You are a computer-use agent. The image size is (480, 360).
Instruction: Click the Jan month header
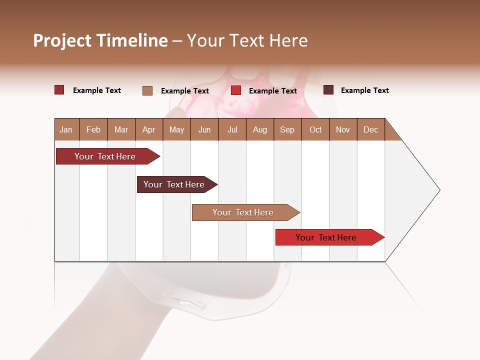click(66, 129)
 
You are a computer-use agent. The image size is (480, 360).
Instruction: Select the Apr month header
click(148, 129)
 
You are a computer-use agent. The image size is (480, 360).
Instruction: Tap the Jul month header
click(232, 129)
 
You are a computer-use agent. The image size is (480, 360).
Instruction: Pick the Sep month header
click(287, 129)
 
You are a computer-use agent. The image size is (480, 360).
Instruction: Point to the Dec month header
click(370, 129)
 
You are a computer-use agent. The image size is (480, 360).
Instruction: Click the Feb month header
click(93, 129)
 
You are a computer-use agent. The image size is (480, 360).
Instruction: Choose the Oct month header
click(315, 129)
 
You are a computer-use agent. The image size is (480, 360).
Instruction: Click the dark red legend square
click(59, 90)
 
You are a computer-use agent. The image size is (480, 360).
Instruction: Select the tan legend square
click(147, 90)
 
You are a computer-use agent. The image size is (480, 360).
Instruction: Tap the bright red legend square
click(236, 90)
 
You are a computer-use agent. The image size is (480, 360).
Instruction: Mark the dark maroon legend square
click(328, 90)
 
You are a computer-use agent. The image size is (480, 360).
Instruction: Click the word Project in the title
click(61, 41)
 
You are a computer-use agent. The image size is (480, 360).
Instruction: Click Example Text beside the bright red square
click(272, 91)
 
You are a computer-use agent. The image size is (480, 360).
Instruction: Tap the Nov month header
click(343, 129)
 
